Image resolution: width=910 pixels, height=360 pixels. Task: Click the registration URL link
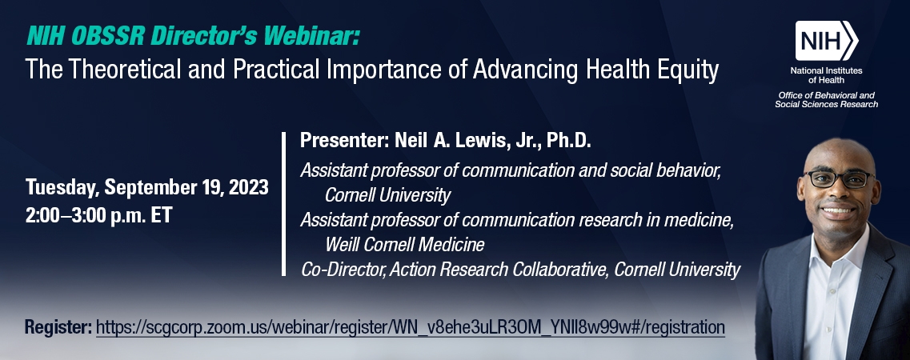410,327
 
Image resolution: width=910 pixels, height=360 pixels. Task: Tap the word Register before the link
57,327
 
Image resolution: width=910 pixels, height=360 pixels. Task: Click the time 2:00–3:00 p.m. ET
98,215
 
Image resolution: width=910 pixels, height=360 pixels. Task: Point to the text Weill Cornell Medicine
404,243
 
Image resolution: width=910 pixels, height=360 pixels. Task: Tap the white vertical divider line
283,204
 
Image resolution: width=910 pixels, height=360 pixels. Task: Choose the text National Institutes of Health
827,75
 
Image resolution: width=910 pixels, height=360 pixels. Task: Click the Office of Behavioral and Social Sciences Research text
827,101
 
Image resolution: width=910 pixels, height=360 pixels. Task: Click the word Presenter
343,142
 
